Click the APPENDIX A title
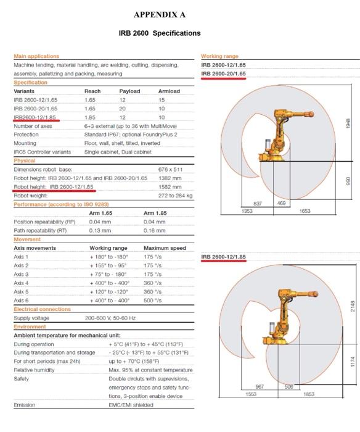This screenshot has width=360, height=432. tap(159, 14)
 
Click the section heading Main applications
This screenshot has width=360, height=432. tap(36, 56)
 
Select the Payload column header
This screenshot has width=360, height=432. tap(129, 91)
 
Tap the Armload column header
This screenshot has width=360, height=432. tap(169, 91)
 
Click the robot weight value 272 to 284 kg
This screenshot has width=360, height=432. tap(176, 196)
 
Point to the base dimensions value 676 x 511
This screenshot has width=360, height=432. tap(171, 169)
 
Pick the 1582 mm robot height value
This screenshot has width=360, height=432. tap(169, 186)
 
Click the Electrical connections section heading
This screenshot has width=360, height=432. tap(42, 309)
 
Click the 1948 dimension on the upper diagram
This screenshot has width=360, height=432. tap(348, 122)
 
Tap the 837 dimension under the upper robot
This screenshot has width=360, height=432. tap(258, 203)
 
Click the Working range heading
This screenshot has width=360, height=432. tap(219, 56)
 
